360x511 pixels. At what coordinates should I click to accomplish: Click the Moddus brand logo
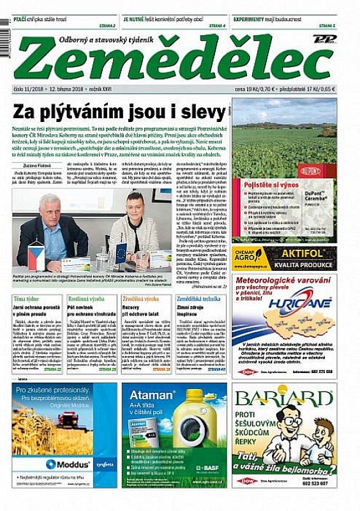(x=67, y=464)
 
